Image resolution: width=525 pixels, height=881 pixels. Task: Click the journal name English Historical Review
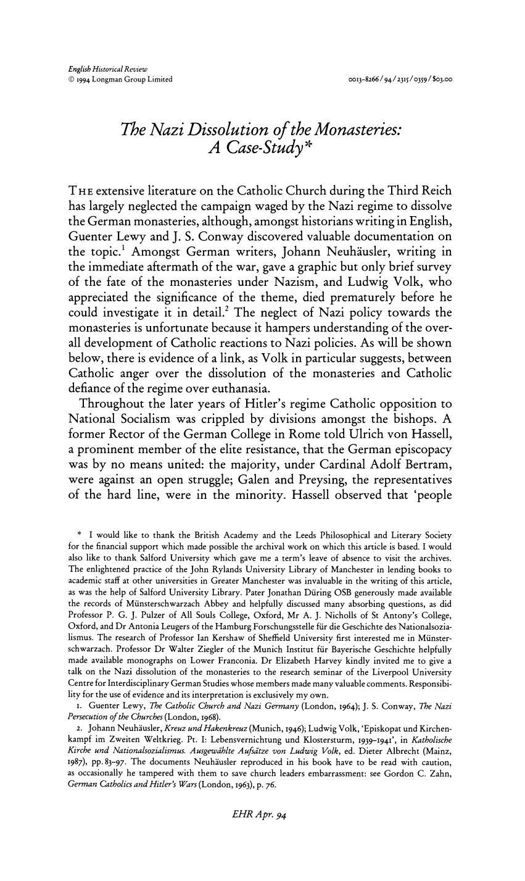[104, 68]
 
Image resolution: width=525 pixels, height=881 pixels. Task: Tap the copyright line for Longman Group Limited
[120, 79]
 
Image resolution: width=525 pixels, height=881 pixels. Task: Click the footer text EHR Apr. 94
[262, 815]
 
